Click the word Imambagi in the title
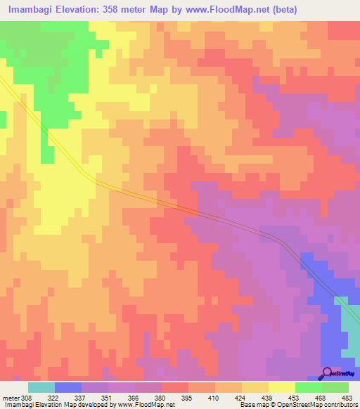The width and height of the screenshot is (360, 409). pos(33,10)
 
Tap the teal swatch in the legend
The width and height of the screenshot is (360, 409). pos(41,387)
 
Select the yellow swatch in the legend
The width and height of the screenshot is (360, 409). pos(281,387)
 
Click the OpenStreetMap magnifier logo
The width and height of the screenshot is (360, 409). pos(327,372)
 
